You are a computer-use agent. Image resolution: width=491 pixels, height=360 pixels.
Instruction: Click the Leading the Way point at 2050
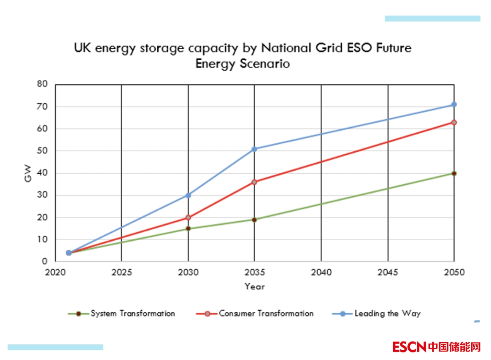(454, 105)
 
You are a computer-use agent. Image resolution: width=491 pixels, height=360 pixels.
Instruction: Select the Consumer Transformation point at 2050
(454, 122)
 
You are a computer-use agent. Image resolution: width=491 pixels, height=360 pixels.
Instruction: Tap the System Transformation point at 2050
(454, 173)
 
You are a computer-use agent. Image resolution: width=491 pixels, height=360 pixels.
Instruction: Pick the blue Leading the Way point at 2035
(254, 149)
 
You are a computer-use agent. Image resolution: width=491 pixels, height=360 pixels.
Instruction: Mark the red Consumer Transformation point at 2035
(254, 182)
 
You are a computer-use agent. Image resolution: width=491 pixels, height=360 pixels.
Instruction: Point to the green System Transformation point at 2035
(254, 220)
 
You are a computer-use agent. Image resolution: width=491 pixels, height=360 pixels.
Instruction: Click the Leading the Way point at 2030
(188, 195)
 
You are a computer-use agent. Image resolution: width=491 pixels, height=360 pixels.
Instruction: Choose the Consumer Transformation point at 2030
(188, 218)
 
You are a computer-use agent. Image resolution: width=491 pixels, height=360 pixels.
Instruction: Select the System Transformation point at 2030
(188, 228)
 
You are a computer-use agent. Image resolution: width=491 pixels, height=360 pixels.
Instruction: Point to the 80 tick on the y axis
(43, 84)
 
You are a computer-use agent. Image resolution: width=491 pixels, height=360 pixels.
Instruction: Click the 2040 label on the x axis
(321, 272)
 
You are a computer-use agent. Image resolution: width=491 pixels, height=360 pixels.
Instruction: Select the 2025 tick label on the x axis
(121, 272)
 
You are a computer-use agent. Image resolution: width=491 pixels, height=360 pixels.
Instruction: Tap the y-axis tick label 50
(43, 151)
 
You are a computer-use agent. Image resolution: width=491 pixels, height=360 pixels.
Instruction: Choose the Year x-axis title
(254, 287)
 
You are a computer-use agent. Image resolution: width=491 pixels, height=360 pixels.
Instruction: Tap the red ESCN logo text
(410, 347)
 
